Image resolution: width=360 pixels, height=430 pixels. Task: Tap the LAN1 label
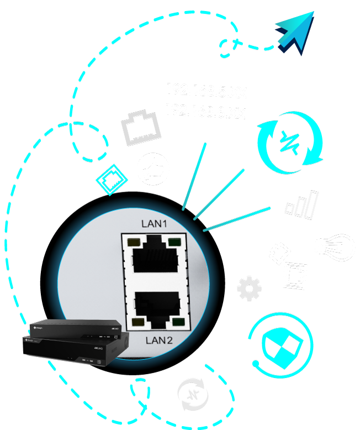[x=151, y=224]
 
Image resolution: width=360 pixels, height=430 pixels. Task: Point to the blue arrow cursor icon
[x=295, y=33]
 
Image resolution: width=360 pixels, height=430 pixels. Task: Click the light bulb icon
[x=335, y=247]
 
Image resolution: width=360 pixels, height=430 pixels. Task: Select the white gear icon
[x=249, y=289]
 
